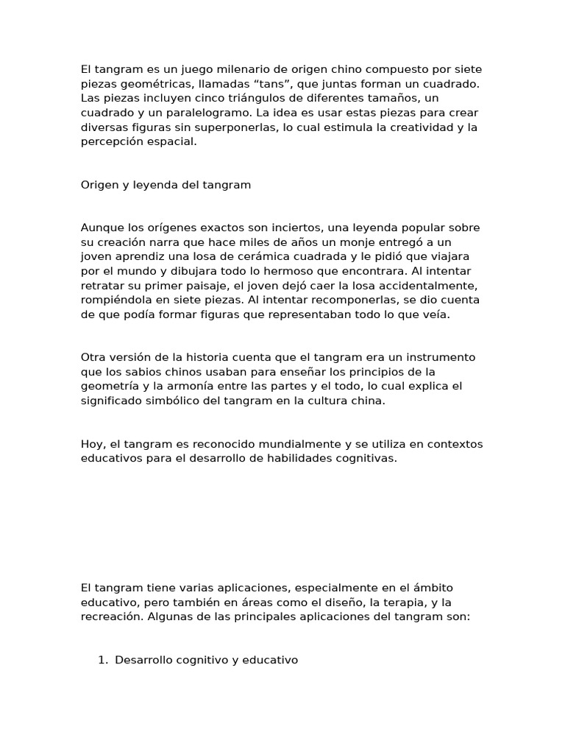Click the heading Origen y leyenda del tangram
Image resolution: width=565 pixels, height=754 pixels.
[166, 185]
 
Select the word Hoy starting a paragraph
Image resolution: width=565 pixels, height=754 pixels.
[92, 444]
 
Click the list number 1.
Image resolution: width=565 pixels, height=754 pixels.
[102, 660]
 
